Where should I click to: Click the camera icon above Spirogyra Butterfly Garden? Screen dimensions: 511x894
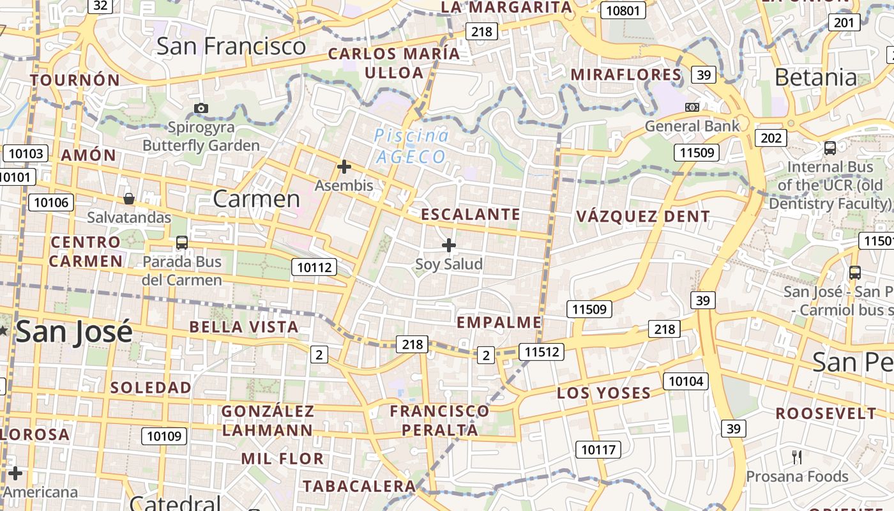(201, 108)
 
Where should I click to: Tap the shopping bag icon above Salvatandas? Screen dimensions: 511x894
(129, 198)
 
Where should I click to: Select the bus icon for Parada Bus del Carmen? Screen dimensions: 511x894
(182, 242)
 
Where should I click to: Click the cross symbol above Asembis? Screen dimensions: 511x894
(344, 167)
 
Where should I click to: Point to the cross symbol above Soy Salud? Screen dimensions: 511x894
(449, 245)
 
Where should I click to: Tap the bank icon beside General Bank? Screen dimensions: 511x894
(692, 107)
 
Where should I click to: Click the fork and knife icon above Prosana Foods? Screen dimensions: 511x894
(796, 457)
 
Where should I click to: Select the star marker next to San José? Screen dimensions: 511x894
(3, 330)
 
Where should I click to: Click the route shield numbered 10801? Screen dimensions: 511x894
(623, 10)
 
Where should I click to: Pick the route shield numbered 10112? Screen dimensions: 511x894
(314, 267)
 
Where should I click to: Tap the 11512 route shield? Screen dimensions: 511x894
(542, 351)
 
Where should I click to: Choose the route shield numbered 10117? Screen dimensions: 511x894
(598, 450)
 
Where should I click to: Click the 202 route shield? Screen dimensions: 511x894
(771, 138)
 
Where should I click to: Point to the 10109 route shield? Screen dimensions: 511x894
(164, 436)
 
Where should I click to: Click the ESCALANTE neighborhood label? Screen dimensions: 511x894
(471, 215)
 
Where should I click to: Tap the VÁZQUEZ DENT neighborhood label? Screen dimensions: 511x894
(643, 217)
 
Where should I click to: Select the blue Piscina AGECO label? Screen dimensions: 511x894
(411, 146)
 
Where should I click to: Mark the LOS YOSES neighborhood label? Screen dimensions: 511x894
(603, 393)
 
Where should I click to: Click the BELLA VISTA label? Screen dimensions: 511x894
(244, 327)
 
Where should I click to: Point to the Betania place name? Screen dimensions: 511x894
(815, 77)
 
